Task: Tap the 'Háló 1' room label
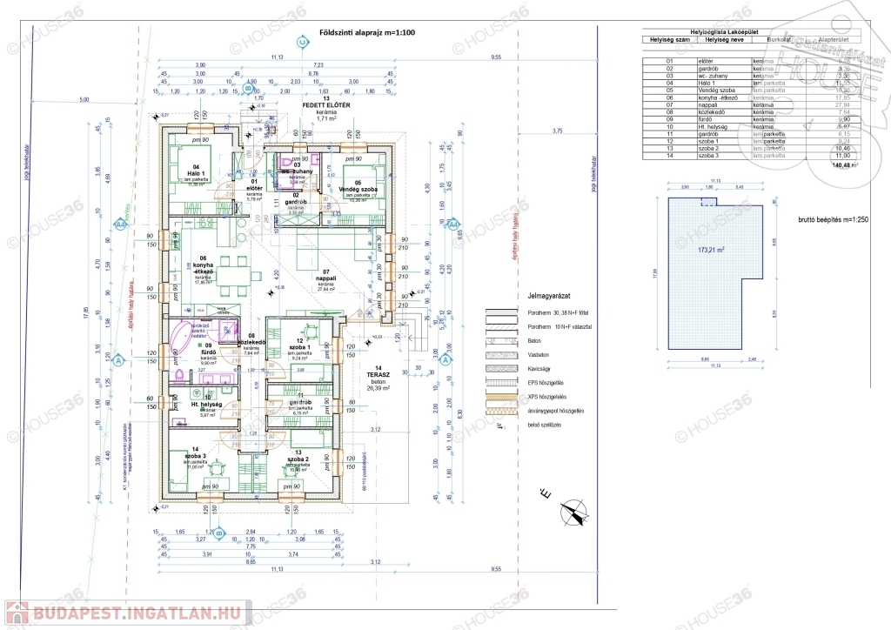tap(197, 172)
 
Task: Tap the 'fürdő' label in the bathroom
tap(208, 352)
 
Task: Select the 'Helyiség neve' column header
tap(721, 39)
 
